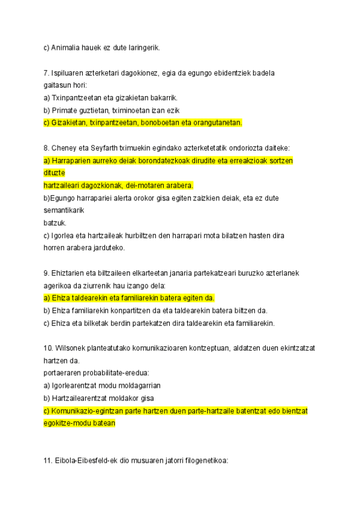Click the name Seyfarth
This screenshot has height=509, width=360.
point(103,148)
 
